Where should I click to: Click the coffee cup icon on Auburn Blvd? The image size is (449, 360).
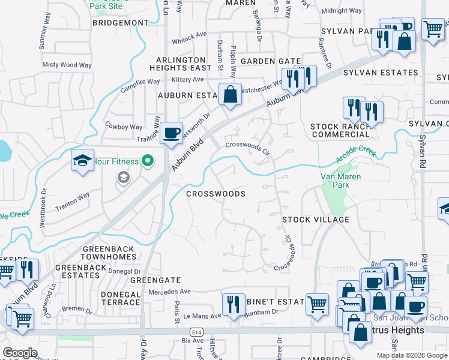tap(172, 132)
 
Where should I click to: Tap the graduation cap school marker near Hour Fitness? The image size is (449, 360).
tap(82, 160)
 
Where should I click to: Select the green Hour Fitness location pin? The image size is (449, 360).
tap(146, 161)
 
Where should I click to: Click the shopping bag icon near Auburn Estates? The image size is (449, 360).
tap(230, 94)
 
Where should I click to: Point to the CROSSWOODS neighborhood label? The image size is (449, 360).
tap(215, 194)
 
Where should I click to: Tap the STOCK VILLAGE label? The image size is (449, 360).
tap(316, 220)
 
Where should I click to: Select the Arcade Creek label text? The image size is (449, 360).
tap(357, 158)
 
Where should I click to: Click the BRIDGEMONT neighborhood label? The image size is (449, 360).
tap(121, 23)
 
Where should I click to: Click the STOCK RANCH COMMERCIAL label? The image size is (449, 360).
tap(339, 130)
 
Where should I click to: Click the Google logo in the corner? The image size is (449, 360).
tap(20, 353)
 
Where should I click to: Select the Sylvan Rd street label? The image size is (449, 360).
tap(423, 154)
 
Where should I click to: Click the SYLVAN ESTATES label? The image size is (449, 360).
tap(380, 73)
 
